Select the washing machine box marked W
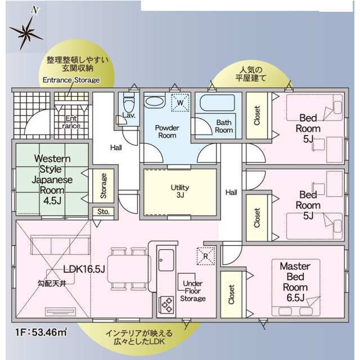[x=180, y=102]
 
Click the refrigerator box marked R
[x=206, y=256]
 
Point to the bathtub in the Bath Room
[x=217, y=103]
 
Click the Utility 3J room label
[x=180, y=191]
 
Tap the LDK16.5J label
[x=84, y=269]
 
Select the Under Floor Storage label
[x=193, y=291]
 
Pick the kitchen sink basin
[x=166, y=260]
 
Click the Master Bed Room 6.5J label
[x=295, y=282]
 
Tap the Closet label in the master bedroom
[x=231, y=295]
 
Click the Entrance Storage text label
[x=71, y=80]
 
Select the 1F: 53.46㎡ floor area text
[x=41, y=332]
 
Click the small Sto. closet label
[x=103, y=211]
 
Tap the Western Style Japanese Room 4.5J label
[x=52, y=179]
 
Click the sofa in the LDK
[x=60, y=245]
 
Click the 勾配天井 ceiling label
[x=52, y=283]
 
